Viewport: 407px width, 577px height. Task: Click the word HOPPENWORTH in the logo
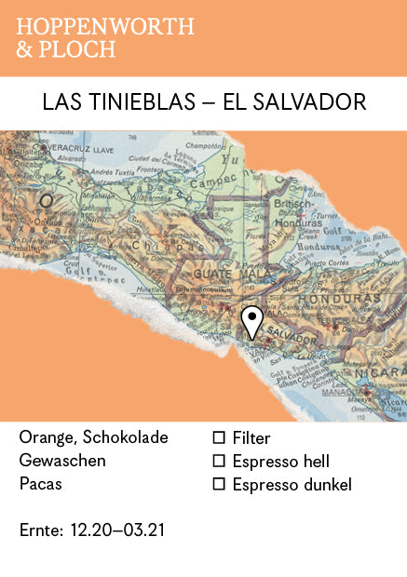[x=104, y=27]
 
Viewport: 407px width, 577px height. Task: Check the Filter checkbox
[x=219, y=437]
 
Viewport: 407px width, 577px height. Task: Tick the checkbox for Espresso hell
[x=219, y=461]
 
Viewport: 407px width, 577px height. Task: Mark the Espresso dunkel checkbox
[x=219, y=484]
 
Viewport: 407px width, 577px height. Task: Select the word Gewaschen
[x=62, y=461]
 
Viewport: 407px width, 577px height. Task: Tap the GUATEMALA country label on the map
[x=225, y=275]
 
